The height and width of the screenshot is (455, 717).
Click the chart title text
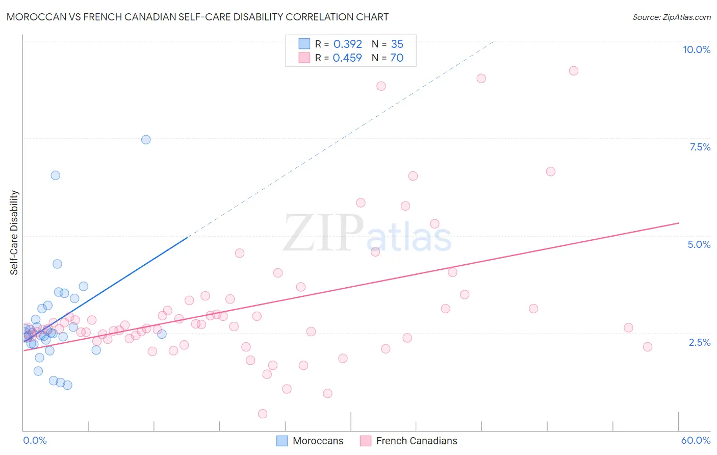click(197, 17)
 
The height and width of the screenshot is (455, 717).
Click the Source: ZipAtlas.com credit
click(671, 17)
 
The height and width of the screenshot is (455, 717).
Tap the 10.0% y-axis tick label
click(696, 49)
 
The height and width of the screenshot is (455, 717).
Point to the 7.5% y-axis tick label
click(700, 147)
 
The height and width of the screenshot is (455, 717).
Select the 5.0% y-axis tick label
click(699, 244)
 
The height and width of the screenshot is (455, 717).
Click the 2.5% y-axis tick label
click(699, 342)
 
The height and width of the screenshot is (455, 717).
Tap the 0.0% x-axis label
click(35, 440)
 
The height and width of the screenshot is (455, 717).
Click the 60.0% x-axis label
click(696, 440)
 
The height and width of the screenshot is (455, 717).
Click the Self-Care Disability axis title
click(14, 233)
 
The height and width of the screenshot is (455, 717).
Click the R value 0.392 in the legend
click(347, 44)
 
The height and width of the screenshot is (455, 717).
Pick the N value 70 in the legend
click(397, 58)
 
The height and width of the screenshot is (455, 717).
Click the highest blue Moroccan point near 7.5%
click(146, 140)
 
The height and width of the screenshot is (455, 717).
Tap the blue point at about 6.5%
click(56, 175)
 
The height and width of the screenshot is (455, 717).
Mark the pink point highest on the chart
click(574, 71)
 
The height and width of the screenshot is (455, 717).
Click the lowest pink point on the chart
click(263, 414)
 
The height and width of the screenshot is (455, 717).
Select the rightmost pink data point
click(648, 347)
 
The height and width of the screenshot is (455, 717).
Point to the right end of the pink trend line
click(678, 223)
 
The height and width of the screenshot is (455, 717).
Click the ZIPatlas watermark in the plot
click(367, 234)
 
